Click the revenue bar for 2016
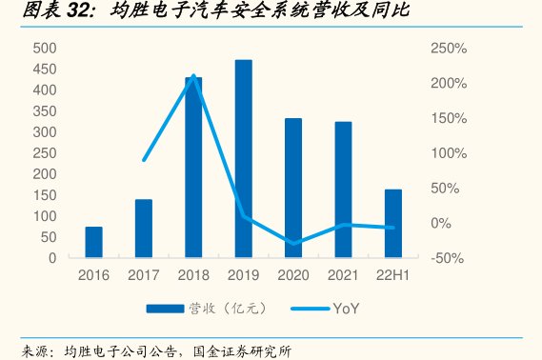(93, 242)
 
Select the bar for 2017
(144, 229)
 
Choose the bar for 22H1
(392, 223)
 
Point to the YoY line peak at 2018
(193, 76)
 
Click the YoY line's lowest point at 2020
(293, 244)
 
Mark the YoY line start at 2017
(144, 160)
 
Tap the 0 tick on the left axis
(52, 258)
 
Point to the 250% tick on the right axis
(447, 49)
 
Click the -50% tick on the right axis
(447, 258)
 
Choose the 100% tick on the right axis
(447, 153)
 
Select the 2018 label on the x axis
(193, 275)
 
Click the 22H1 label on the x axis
(392, 275)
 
